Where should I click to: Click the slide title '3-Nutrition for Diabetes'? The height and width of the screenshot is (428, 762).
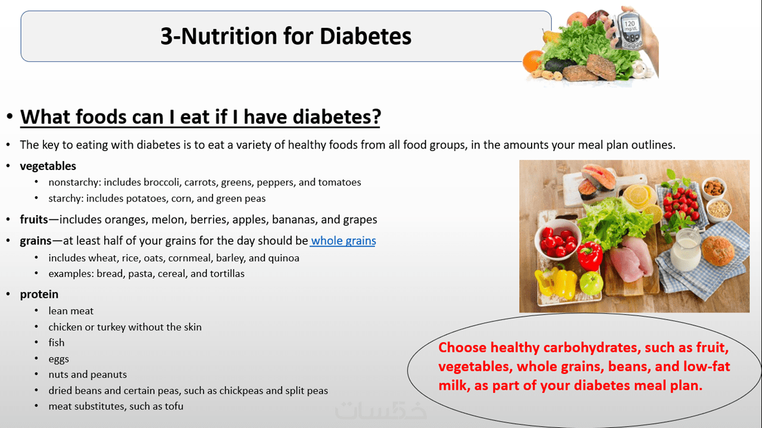286,36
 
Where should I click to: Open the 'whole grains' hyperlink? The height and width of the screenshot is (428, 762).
343,241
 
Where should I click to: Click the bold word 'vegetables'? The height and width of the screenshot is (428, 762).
48,166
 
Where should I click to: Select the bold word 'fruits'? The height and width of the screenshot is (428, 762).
34,219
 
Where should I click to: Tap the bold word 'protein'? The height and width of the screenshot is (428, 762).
39,294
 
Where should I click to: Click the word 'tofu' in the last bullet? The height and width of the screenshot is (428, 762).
174,406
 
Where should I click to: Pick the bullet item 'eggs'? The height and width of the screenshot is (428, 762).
58,359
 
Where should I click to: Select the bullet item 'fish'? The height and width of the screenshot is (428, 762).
57,343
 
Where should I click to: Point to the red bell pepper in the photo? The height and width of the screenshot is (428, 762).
589,256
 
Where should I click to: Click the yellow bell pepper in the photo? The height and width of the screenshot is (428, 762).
555,282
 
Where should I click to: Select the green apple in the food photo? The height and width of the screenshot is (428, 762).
591,283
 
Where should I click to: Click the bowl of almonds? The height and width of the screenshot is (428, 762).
714,188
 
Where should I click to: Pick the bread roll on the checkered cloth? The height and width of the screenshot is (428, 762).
718,251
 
